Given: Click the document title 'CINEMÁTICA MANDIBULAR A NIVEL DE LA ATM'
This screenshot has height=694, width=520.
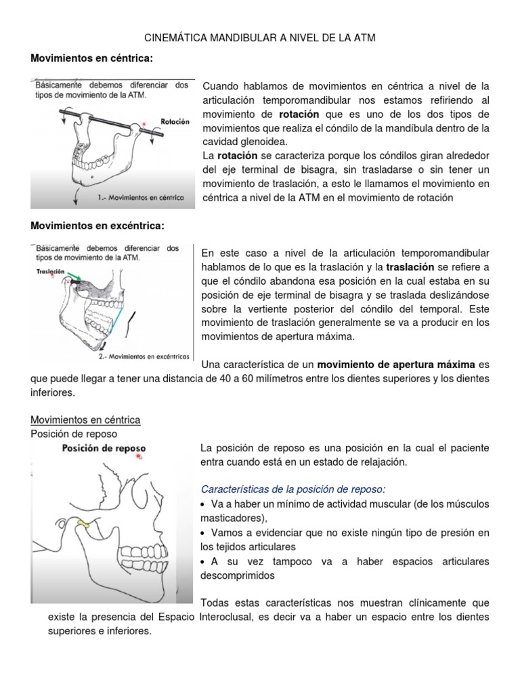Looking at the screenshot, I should pyautogui.click(x=260, y=39).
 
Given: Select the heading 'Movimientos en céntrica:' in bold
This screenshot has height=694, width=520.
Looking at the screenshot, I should pyautogui.click(x=92, y=60).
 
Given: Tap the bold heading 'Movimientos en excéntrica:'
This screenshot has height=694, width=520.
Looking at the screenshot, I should pyautogui.click(x=98, y=225).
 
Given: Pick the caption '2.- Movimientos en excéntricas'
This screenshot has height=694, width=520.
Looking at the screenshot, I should pyautogui.click(x=144, y=355).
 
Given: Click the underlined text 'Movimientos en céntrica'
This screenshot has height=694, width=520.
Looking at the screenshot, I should pyautogui.click(x=86, y=420).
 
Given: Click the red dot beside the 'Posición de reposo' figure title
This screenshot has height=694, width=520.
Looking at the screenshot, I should pyautogui.click(x=139, y=458).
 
